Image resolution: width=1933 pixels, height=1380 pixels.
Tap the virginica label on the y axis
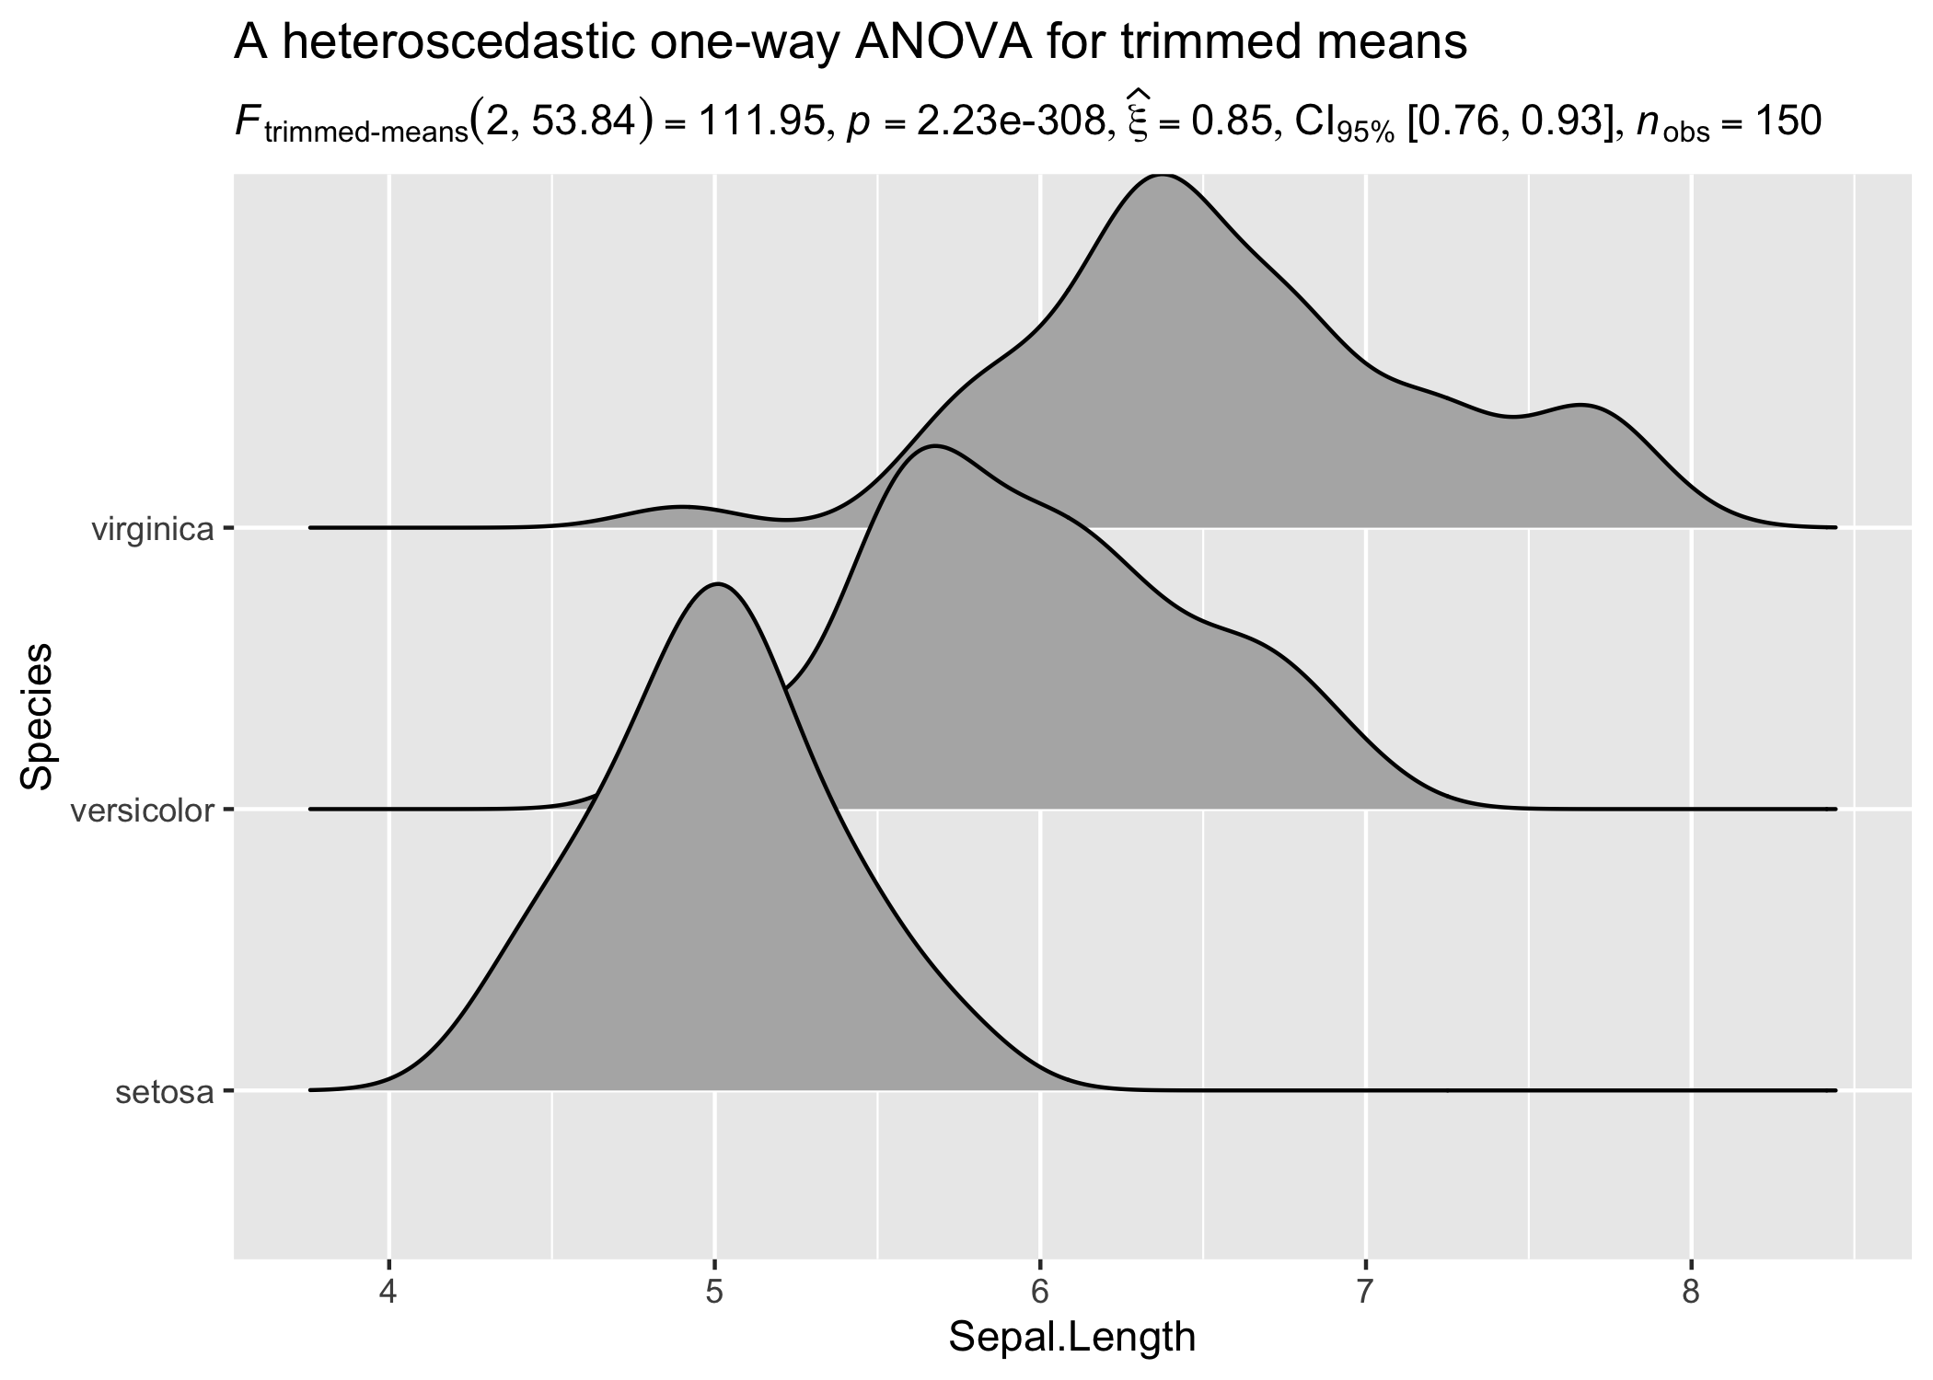click(x=153, y=530)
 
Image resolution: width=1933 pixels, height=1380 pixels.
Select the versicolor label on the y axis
click(x=142, y=811)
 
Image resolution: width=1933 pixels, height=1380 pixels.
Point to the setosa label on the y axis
click(x=165, y=1093)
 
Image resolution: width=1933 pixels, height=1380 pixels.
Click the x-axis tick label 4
click(x=388, y=1293)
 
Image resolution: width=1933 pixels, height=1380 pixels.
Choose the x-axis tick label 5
click(x=714, y=1293)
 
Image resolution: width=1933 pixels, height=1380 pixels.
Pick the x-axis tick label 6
click(x=1040, y=1293)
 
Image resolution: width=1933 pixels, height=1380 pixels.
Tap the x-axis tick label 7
click(x=1366, y=1293)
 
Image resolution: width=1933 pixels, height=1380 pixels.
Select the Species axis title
click(x=38, y=716)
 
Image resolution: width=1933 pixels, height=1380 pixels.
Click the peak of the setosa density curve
click(x=717, y=583)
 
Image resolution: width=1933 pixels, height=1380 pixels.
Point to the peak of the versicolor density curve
click(x=934, y=446)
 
